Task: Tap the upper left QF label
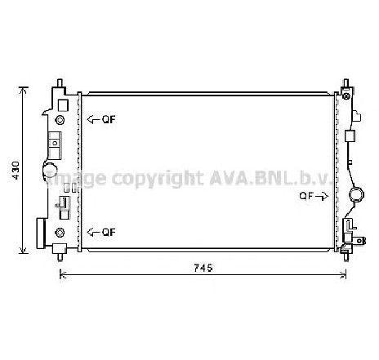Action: click(x=108, y=119)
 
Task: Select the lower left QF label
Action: click(x=108, y=232)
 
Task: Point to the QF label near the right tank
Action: click(x=305, y=196)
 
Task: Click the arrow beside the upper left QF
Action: click(x=93, y=119)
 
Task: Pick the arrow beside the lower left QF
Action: click(x=93, y=232)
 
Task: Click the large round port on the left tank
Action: click(x=51, y=173)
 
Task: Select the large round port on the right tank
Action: click(x=356, y=196)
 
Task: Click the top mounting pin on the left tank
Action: click(x=60, y=83)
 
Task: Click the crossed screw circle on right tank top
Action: click(x=350, y=97)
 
